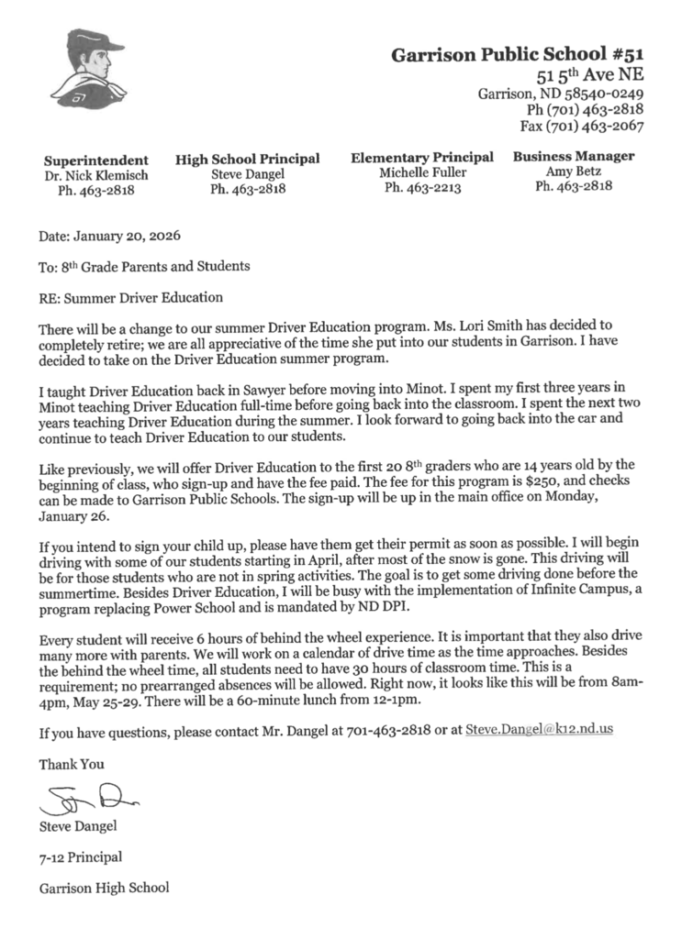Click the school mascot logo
pos(88,67)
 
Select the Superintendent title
pos(96,160)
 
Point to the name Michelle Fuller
pos(422,172)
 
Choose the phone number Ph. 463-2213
pos(422,188)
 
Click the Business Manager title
pos(573,157)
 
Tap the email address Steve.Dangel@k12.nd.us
pos(539,730)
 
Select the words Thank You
pos(72,763)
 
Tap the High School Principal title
pos(247,160)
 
